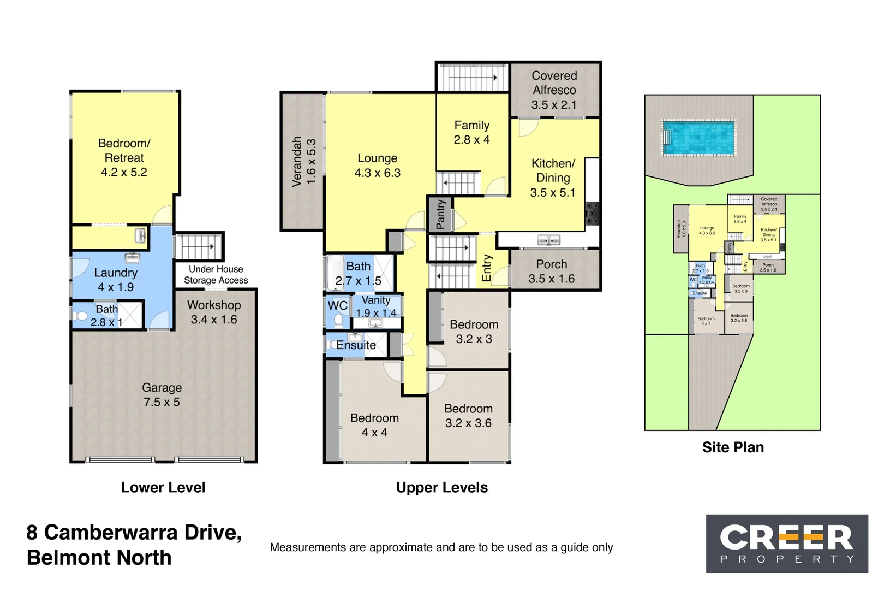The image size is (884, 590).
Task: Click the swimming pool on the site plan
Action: [698, 138]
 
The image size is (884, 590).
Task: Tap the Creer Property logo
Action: [786, 543]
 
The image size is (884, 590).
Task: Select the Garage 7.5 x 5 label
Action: [162, 395]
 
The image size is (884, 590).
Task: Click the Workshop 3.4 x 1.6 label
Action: [214, 312]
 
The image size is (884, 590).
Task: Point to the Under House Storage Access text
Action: [216, 275]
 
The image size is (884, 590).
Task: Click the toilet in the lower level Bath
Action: [81, 316]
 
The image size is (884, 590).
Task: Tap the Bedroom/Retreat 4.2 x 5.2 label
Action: [124, 158]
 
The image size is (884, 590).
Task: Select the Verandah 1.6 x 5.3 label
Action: [304, 162]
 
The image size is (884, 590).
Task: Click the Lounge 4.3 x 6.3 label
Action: [377, 166]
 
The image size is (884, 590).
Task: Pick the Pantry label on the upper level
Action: [440, 214]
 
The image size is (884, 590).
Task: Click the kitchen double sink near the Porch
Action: [549, 240]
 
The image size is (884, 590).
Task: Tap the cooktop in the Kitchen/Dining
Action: [592, 214]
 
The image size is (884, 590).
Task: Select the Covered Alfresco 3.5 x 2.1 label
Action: [554, 90]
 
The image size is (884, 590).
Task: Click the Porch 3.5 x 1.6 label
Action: [551, 272]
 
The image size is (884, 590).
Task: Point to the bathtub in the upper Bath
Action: [335, 272]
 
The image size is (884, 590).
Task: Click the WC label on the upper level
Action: [337, 305]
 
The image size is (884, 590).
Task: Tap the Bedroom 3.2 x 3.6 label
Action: [468, 416]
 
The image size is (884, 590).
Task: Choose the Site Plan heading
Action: [733, 447]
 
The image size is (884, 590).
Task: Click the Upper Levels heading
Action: [441, 487]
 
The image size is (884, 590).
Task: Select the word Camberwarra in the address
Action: [111, 532]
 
